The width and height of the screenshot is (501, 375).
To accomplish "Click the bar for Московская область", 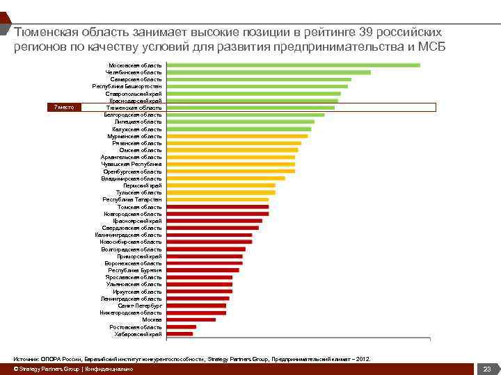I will point(293,65).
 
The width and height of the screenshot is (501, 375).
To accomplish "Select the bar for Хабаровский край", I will point(180,334).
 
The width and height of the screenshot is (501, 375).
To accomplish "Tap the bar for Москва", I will point(191,319).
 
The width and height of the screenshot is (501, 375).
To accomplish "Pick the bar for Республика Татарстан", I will point(218,200).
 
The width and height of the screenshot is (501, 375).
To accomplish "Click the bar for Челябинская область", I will point(269,72).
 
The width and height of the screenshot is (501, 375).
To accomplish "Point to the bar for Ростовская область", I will point(182,326).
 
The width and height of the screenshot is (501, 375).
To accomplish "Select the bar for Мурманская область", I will point(237,136).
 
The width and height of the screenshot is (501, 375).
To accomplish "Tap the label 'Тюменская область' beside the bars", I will point(134,108).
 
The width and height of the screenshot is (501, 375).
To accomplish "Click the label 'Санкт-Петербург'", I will point(140,306).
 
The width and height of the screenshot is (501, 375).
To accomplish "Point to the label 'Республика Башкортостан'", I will point(127,86).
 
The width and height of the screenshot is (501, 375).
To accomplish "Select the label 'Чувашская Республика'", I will point(132,165).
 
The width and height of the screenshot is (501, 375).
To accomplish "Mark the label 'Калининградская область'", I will point(129,235).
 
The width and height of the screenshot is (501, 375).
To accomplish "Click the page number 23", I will point(487,369).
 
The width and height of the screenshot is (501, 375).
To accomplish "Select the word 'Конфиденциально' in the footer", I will point(109,369).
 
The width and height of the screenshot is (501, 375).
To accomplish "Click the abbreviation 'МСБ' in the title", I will point(428,47).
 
